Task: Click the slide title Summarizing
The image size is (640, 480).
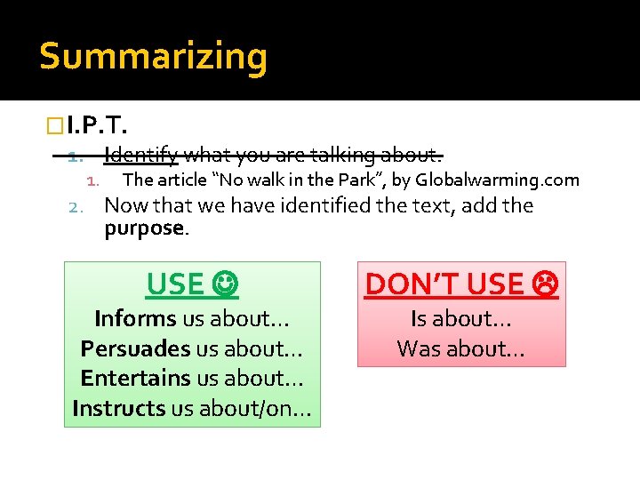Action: click(153, 57)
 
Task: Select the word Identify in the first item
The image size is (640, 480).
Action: click(140, 156)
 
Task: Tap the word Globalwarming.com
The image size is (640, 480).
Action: click(497, 180)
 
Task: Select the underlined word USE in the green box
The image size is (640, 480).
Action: click(175, 284)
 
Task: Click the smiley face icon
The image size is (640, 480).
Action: click(226, 284)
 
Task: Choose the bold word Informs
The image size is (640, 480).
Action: click(135, 318)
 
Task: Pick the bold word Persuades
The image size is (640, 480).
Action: click(135, 348)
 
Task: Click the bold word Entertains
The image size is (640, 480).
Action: click(135, 378)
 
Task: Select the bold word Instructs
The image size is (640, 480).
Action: click(118, 408)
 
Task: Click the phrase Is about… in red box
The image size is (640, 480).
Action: click(460, 318)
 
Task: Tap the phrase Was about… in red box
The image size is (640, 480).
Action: click(460, 348)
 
